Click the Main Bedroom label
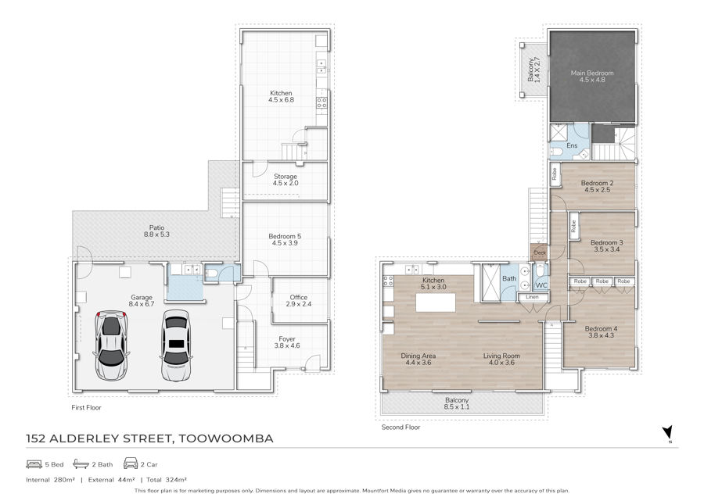pyautogui.click(x=592, y=73)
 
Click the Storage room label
pyautogui.click(x=285, y=177)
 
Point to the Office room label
pyautogui.click(x=299, y=297)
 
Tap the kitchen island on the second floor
pyautogui.click(x=436, y=302)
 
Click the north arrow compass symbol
pyautogui.click(x=668, y=433)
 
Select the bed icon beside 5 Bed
pyautogui.click(x=34, y=463)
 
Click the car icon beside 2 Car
pyautogui.click(x=130, y=463)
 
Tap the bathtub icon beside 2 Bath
pyautogui.click(x=81, y=463)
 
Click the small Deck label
pyautogui.click(x=540, y=252)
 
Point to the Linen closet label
pyautogui.click(x=532, y=297)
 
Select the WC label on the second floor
pyautogui.click(x=541, y=285)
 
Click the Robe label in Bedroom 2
pyautogui.click(x=555, y=174)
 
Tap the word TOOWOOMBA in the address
pyautogui.click(x=226, y=438)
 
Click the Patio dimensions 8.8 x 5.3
pyautogui.click(x=156, y=234)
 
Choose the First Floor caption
pyautogui.click(x=86, y=407)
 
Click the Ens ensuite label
pyautogui.click(x=572, y=145)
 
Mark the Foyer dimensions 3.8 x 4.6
pyautogui.click(x=287, y=345)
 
